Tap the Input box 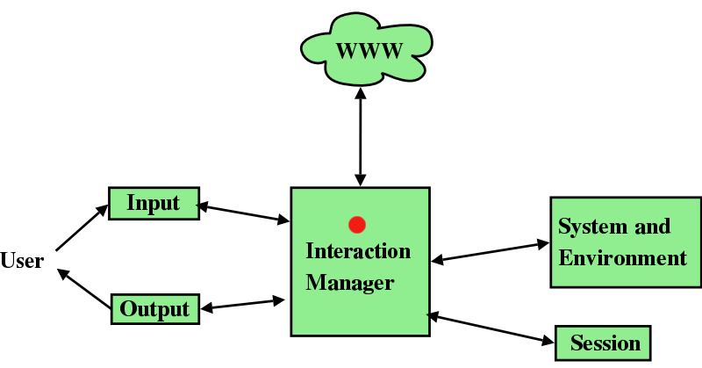154,204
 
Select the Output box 154,308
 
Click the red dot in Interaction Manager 356,224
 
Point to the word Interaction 358,251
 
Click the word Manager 350,283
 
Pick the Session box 605,343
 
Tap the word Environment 623,258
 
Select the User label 22,261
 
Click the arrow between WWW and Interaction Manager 360,132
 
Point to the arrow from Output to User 85,290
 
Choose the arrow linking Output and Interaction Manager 243,304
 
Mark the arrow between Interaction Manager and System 490,251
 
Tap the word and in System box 652,227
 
